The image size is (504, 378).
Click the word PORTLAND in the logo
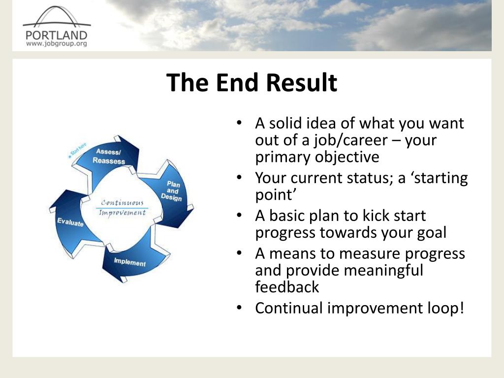click(57, 35)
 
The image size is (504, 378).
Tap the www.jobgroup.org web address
click(57, 43)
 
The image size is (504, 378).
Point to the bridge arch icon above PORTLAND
click(57, 17)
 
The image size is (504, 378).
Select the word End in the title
click(238, 82)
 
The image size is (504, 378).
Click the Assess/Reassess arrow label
click(109, 156)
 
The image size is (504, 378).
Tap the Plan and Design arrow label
click(172, 191)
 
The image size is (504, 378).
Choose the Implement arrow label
click(130, 262)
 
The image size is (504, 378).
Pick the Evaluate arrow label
click(70, 222)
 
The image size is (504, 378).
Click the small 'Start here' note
click(77, 150)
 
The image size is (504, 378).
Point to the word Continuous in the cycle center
click(122, 202)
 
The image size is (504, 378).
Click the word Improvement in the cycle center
click(122, 213)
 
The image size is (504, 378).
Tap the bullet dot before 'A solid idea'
click(239, 123)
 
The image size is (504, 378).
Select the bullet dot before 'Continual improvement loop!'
click(239, 308)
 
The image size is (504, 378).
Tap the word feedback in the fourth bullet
click(287, 287)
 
